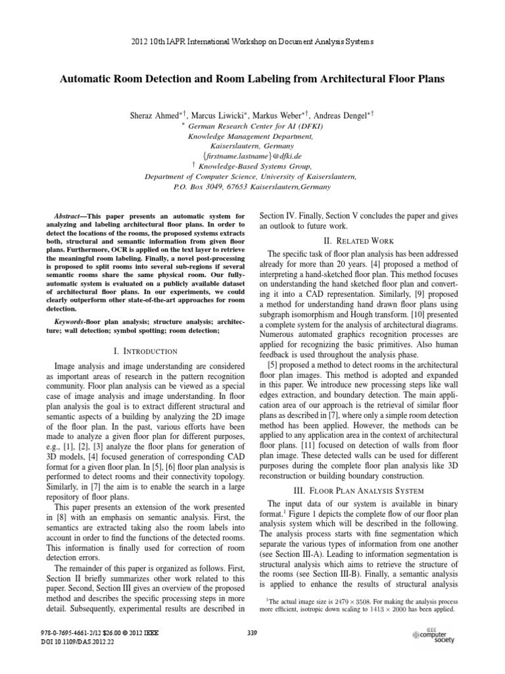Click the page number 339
pyautogui.click(x=252, y=633)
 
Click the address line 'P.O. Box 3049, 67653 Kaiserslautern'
pyautogui.click(x=252, y=188)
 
